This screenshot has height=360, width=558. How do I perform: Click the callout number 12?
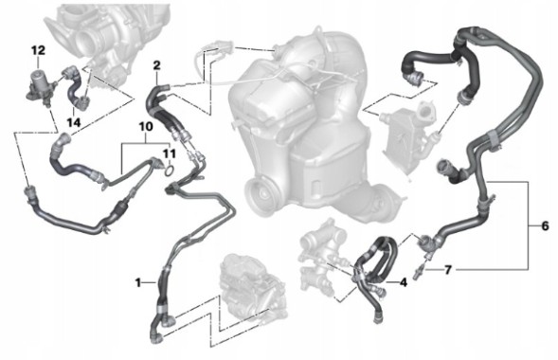[x=37, y=48]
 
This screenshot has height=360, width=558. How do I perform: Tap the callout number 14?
[x=74, y=123]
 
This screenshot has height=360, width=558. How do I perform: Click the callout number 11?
[x=170, y=153]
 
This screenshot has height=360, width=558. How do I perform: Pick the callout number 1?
[x=138, y=282]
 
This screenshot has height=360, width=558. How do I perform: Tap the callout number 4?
[x=404, y=281]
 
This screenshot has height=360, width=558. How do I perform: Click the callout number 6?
[x=544, y=226]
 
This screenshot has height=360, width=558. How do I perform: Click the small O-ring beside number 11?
[x=167, y=171]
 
